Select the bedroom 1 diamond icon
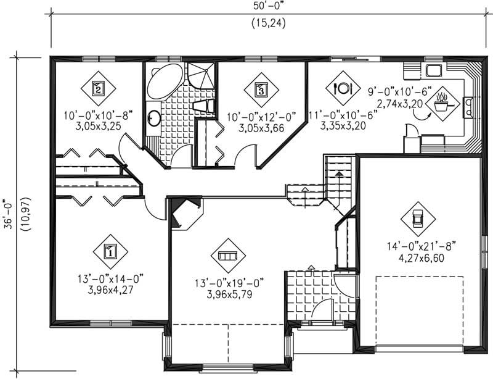(110, 251)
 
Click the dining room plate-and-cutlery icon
(343, 88)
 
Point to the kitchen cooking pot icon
(442, 102)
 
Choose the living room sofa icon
(228, 256)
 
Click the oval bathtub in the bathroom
(163, 81)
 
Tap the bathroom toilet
(203, 106)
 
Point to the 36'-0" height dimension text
(8, 214)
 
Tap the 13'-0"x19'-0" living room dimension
(228, 283)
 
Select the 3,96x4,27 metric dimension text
(110, 288)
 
